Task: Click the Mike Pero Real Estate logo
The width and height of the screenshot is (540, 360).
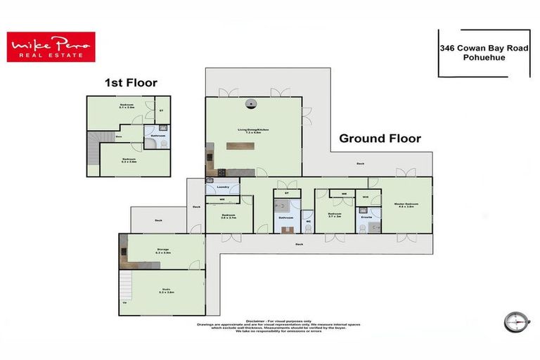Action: (x=49, y=47)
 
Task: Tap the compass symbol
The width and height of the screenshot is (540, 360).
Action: (x=516, y=321)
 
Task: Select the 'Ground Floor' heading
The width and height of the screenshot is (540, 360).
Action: (x=380, y=139)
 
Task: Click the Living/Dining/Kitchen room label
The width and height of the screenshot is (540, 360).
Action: (x=253, y=130)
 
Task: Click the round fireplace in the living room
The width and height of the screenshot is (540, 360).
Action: (x=252, y=104)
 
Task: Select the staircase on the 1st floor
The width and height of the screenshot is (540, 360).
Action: (x=93, y=149)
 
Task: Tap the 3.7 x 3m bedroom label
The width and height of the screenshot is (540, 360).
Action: (x=335, y=214)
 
